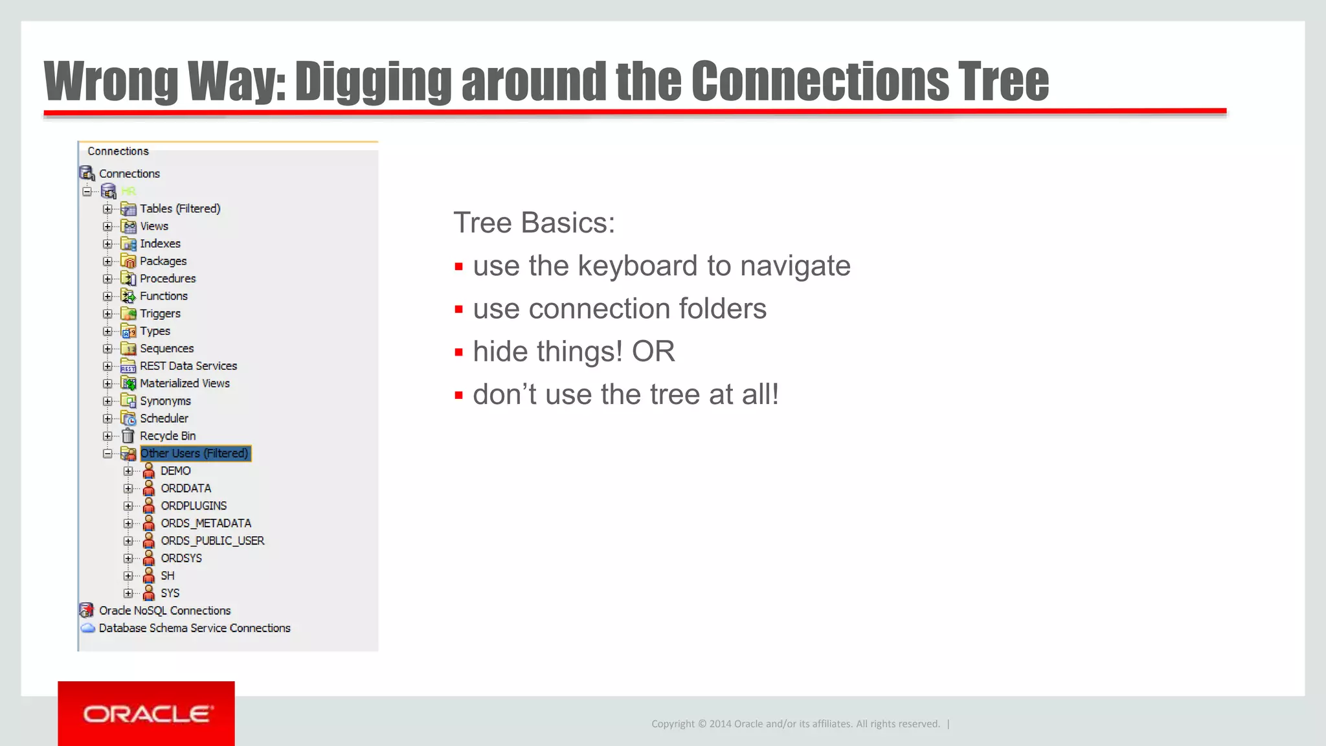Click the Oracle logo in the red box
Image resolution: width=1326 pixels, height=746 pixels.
tap(147, 714)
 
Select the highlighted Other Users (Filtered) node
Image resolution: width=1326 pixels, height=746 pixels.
tap(194, 453)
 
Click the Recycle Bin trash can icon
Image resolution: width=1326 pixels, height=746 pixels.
tap(128, 436)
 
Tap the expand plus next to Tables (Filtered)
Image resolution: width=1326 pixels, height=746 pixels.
tap(107, 209)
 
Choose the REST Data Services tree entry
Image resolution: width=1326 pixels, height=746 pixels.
tap(188, 366)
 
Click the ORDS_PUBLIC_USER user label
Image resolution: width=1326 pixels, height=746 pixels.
tap(212, 541)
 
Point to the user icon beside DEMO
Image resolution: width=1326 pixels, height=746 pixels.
tap(149, 471)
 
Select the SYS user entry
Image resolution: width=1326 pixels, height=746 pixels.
tap(170, 593)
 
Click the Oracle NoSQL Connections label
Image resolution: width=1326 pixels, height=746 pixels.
tap(164, 611)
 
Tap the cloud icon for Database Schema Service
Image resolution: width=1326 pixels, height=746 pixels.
tap(87, 628)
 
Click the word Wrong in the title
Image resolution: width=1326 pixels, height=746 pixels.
tap(110, 82)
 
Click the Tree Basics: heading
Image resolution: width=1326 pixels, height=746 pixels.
tap(534, 223)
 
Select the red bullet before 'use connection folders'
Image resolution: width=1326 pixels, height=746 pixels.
tap(459, 310)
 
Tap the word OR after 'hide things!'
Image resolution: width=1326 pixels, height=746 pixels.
tap(653, 352)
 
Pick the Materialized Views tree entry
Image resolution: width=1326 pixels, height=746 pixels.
tap(185, 383)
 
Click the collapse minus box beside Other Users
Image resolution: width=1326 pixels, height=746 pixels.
tap(107, 453)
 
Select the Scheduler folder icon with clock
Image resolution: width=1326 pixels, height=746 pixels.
tap(128, 418)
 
